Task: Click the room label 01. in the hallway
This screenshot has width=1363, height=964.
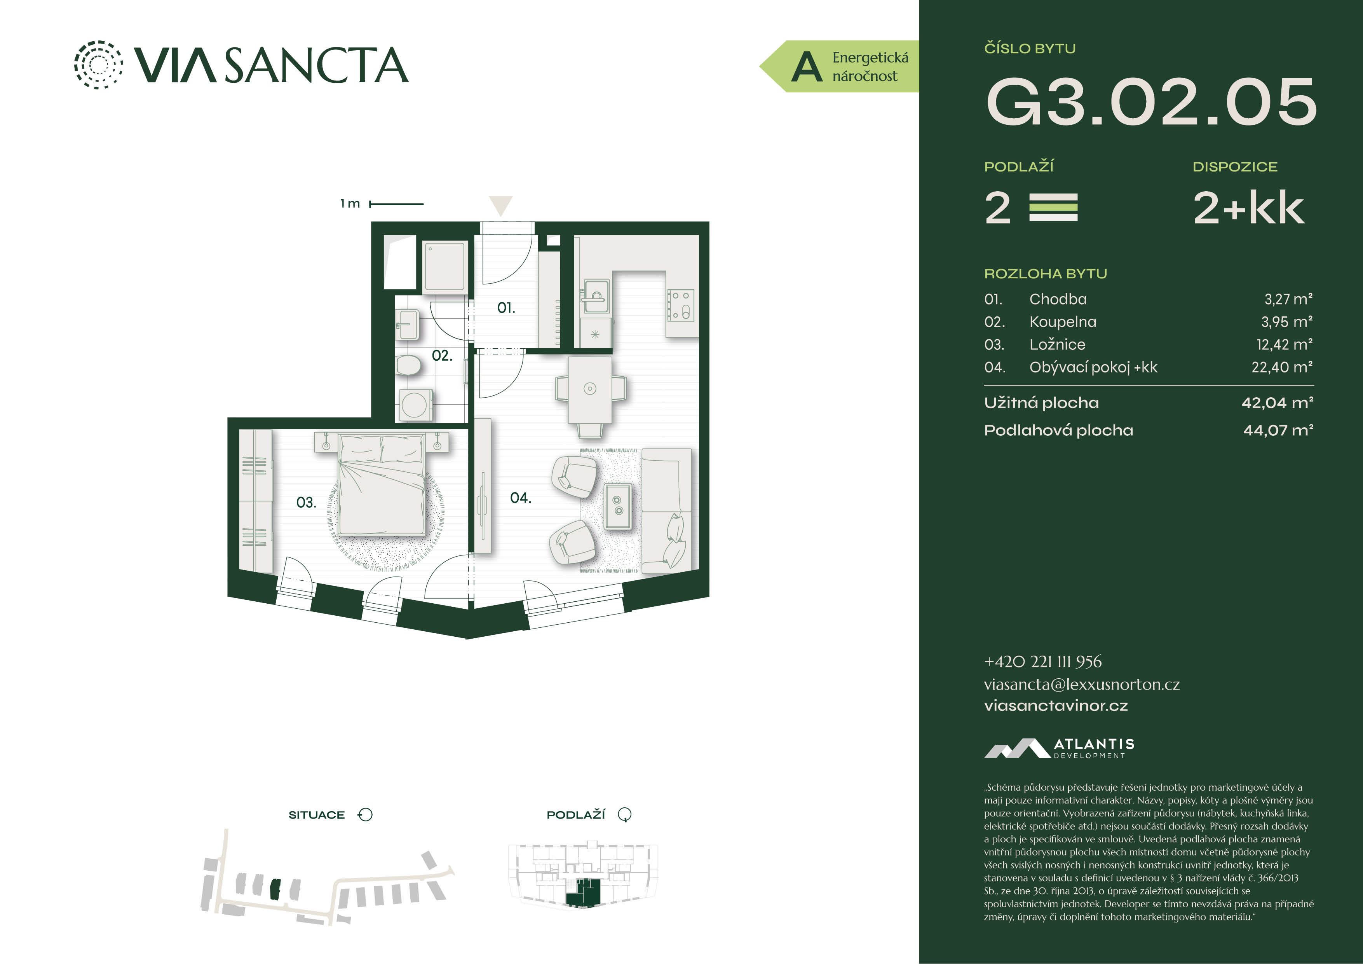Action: (506, 308)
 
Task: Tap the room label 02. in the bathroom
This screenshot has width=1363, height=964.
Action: (442, 356)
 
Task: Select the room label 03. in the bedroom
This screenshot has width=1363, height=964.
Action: (306, 503)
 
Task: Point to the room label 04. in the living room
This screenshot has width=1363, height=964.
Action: (521, 498)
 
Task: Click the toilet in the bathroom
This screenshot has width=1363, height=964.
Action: (408, 365)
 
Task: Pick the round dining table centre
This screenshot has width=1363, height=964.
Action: (589, 388)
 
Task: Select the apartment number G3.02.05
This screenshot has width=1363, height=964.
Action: (1151, 103)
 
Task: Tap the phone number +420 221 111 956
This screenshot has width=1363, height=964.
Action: (1042, 661)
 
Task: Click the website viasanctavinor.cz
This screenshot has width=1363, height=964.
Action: (1056, 706)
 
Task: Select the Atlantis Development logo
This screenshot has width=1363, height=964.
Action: (1059, 748)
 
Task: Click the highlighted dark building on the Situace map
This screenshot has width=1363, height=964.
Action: (275, 889)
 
